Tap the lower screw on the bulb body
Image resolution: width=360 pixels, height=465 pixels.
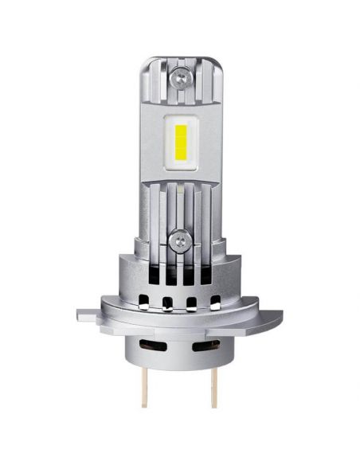coord(181,236)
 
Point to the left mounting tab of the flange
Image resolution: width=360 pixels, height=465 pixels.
coord(88,315)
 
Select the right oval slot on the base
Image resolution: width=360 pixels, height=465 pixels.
coord(206,344)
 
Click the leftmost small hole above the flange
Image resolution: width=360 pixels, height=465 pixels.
coord(144,301)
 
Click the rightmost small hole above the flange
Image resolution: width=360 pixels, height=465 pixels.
coord(215,301)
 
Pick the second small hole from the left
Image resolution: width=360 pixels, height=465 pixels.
coord(168,301)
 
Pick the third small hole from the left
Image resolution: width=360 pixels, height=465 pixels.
coord(191,301)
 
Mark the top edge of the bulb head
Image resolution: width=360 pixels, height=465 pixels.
coord(181,58)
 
